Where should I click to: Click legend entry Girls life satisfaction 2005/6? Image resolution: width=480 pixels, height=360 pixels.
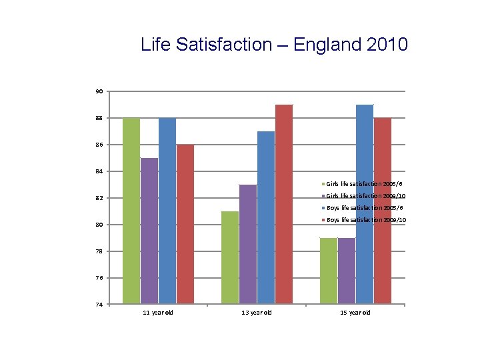364,183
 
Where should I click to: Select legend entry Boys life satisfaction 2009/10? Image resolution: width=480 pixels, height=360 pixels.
366,220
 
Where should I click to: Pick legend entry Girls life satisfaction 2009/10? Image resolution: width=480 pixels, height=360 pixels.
366,196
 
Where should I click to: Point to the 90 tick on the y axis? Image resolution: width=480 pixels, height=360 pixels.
99,91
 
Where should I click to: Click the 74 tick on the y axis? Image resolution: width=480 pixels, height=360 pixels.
99,305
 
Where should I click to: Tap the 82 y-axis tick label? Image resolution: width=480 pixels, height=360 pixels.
99,198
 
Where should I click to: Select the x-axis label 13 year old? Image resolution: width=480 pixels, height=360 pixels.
257,313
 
